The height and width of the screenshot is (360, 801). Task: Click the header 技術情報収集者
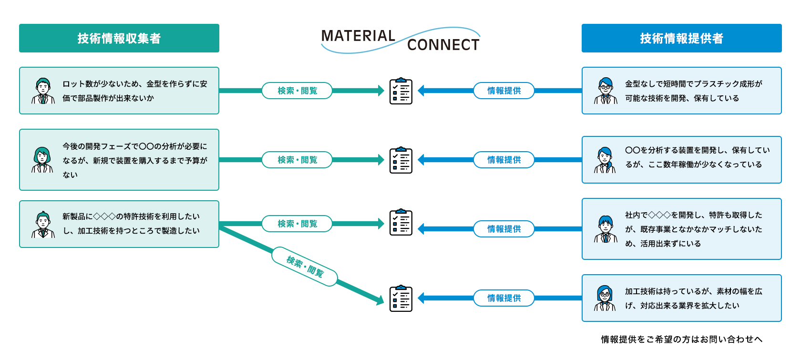pos(119,38)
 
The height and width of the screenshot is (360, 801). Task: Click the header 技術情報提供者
pos(681,38)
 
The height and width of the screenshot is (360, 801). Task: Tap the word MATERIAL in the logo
pos(358,36)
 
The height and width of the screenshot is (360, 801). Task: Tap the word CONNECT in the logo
pos(443,45)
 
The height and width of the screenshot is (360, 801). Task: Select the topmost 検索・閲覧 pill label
pos(297,91)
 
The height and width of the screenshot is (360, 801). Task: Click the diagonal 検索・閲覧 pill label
pos(305,267)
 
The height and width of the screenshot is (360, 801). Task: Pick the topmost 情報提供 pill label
pos(504,91)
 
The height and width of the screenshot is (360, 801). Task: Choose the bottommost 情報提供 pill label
pos(504,298)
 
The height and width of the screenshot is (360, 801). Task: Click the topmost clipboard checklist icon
pos(401,91)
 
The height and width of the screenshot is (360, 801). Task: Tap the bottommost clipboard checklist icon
pos(401,298)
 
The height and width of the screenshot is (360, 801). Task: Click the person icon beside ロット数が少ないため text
pos(43,91)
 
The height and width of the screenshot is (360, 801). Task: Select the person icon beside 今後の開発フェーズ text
pos(43,160)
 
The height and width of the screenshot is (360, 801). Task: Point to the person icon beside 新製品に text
pos(43,224)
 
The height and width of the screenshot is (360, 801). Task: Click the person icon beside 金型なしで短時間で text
pos(606,91)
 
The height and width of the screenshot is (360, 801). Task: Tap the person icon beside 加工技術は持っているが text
pos(606,298)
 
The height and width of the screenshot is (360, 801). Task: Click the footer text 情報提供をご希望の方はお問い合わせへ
pos(681,339)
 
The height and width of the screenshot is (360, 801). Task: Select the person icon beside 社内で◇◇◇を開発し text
pos(606,229)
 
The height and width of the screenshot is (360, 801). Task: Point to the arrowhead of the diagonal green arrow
pos(380,300)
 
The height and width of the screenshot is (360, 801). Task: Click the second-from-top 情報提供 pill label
pos(504,160)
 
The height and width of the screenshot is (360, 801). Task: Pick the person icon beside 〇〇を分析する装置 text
pos(606,160)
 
